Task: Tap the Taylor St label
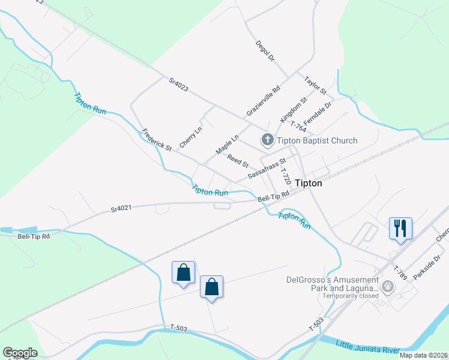click(x=315, y=85)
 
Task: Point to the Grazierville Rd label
click(x=264, y=101)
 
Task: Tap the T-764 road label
click(x=298, y=126)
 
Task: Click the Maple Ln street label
click(x=228, y=143)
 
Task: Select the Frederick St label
click(x=157, y=139)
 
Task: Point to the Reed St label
click(x=238, y=161)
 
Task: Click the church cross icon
click(x=267, y=140)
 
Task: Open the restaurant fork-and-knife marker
click(x=400, y=228)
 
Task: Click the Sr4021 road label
click(x=121, y=209)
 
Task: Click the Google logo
click(x=20, y=353)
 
